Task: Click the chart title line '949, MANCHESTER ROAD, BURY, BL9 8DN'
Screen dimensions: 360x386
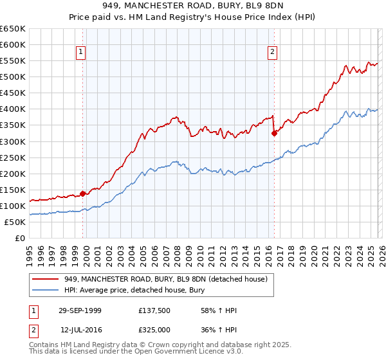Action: tap(193, 6)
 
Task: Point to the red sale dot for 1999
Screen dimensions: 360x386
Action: tap(83, 194)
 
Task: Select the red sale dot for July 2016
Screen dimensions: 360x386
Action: tap(274, 133)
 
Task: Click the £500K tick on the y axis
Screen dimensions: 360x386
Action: tap(13, 76)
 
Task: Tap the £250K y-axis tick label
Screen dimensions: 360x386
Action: tap(13, 157)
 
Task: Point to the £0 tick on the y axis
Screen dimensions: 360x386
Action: tap(20, 238)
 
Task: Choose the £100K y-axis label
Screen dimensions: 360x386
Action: tap(13, 206)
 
